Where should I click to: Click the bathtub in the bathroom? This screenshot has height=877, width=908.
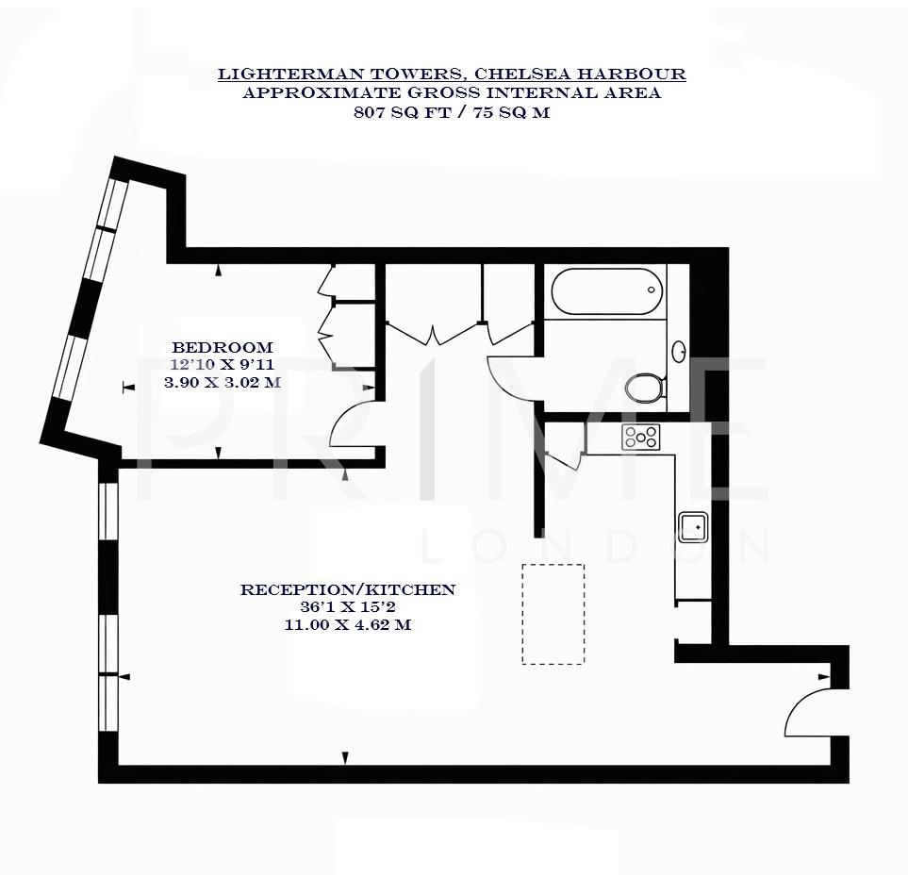[605, 291]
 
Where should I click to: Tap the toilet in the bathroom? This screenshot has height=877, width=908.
[646, 387]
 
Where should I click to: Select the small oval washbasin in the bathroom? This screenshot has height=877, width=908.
[678, 352]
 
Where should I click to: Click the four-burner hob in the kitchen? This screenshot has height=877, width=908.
[641, 437]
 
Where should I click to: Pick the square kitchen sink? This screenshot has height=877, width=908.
[693, 526]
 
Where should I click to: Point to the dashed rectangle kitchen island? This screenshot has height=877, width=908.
[553, 614]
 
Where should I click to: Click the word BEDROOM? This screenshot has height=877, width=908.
[223, 347]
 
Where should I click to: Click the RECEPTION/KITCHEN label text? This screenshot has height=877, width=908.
[348, 590]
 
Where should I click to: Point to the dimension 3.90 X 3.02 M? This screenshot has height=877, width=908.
[223, 383]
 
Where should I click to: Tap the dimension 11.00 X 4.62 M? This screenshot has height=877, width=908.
[348, 624]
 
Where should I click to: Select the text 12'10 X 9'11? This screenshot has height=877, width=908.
[223, 365]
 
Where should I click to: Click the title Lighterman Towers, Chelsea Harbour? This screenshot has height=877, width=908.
[452, 74]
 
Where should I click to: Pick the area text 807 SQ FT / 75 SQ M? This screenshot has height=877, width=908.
[452, 112]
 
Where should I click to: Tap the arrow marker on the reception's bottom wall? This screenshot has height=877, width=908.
[345, 757]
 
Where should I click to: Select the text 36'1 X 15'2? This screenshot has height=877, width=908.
[348, 607]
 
